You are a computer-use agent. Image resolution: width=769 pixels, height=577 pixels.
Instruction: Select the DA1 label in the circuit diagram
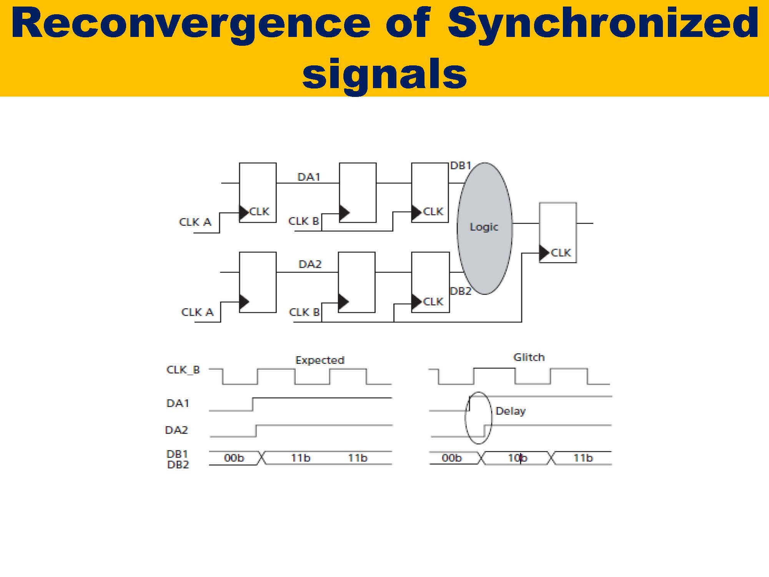click(x=309, y=177)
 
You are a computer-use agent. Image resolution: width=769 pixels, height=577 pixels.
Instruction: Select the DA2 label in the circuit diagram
click(x=310, y=264)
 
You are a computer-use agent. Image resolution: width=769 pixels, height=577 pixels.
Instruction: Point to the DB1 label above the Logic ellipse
click(x=460, y=166)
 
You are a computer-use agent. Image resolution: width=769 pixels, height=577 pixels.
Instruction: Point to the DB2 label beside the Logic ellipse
click(x=460, y=291)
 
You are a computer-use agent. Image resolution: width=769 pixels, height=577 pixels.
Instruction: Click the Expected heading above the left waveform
click(x=320, y=360)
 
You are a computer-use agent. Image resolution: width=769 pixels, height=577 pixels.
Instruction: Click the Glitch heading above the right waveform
click(x=529, y=357)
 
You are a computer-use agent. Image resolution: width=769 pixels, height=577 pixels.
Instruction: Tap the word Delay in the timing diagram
click(x=510, y=411)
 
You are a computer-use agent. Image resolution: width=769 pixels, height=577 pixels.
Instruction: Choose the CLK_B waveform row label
click(x=183, y=370)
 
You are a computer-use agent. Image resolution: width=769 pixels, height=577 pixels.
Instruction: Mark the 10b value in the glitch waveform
click(x=517, y=458)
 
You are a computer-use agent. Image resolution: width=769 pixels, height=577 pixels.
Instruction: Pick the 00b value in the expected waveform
click(x=234, y=458)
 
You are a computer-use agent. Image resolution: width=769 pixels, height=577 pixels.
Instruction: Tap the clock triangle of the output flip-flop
click(x=544, y=253)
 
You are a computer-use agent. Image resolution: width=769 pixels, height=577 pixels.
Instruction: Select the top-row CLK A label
click(x=195, y=222)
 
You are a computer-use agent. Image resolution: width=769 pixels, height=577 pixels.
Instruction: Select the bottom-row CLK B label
click(x=304, y=312)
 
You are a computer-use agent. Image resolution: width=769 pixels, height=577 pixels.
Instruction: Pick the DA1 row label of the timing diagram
click(x=177, y=404)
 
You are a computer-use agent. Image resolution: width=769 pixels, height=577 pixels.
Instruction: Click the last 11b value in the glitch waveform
click(x=583, y=458)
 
